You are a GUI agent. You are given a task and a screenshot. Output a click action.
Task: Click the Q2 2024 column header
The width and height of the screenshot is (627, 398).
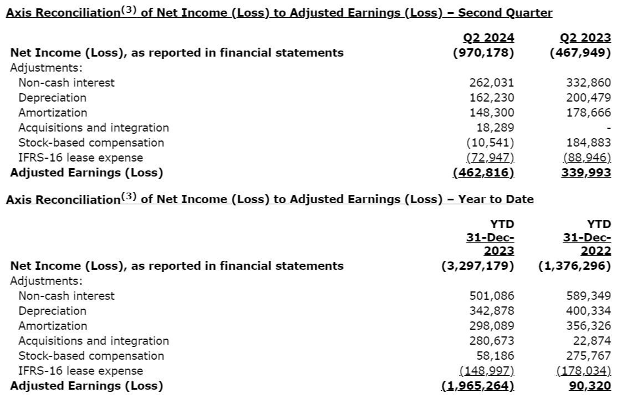coord(488,38)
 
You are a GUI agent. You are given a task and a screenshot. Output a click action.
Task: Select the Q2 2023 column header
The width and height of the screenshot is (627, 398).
coord(585,38)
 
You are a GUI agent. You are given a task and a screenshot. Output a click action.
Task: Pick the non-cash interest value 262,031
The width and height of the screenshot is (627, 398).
coord(492,83)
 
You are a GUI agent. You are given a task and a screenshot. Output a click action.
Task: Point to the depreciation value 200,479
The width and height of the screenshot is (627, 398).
coord(589,98)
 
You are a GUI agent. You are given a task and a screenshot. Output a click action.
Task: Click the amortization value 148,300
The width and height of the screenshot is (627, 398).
coord(492,113)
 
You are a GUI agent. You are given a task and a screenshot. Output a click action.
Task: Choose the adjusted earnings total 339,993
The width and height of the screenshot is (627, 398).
coord(587,173)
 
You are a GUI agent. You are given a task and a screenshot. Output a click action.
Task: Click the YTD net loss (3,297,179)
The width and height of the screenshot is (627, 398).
coord(477,265)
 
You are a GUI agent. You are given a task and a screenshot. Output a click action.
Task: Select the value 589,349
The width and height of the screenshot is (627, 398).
coord(589,296)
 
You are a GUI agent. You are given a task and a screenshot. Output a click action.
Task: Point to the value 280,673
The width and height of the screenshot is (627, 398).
coord(492,341)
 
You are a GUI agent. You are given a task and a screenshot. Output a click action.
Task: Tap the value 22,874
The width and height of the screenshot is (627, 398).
coord(592,341)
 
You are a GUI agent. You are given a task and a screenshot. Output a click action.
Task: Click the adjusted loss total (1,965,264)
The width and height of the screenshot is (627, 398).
coord(477,386)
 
